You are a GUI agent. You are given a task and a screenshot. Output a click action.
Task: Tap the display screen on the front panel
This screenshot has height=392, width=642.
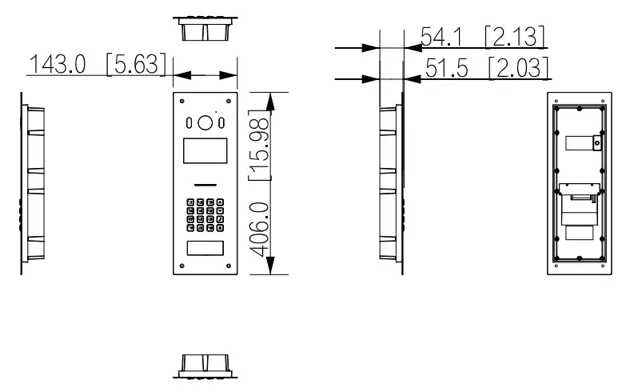tap(205, 150)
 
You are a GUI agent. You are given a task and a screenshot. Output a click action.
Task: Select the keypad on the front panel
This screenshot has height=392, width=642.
tap(205, 214)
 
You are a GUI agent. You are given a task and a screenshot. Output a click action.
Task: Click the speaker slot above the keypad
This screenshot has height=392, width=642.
tap(205, 183)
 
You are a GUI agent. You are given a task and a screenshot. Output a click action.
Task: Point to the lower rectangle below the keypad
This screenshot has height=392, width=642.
tap(205, 247)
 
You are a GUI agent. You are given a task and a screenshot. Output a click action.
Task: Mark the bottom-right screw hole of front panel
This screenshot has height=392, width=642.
tap(229, 268)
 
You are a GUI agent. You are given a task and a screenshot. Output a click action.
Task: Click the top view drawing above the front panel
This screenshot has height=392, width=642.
tap(205, 30)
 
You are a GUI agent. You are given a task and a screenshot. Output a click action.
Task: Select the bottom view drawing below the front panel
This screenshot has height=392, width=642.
tap(205, 366)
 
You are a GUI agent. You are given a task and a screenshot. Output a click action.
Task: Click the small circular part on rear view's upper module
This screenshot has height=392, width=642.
tap(596, 143)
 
